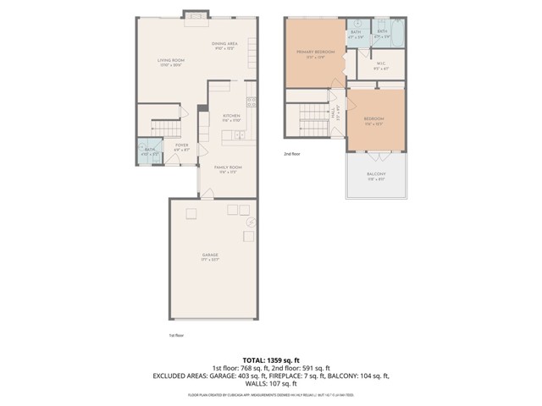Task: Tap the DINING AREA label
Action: tap(224, 42)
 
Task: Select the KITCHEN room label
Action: tap(232, 116)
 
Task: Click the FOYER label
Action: tap(182, 145)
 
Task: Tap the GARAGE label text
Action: tap(210, 255)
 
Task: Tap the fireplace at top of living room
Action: tap(196, 15)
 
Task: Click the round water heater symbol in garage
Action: tap(252, 222)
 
